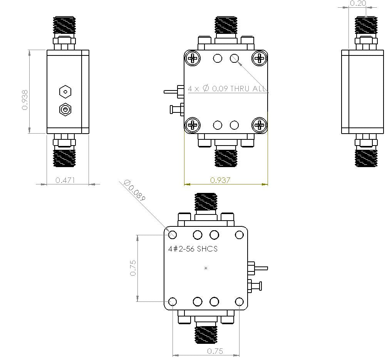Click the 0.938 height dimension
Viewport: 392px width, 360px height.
point(25,100)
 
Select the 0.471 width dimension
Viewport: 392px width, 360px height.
point(65,180)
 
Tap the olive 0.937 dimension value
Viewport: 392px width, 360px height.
point(220,180)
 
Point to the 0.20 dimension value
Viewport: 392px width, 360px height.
point(357,3)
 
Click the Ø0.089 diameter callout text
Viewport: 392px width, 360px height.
point(135,191)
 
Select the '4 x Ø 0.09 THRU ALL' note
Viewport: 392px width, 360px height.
point(228,89)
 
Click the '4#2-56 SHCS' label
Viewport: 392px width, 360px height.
point(193,249)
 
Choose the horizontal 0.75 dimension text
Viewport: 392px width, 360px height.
point(215,351)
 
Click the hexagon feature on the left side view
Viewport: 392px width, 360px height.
point(65,92)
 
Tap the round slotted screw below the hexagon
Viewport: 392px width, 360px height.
point(65,110)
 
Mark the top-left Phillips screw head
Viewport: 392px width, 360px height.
point(193,59)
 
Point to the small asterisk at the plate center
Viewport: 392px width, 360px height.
point(206,268)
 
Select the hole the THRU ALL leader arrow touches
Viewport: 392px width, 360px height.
point(235,59)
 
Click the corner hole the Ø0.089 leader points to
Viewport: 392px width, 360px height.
point(173,234)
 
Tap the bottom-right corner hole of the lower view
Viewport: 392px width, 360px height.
point(239,301)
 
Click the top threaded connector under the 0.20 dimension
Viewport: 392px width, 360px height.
point(365,25)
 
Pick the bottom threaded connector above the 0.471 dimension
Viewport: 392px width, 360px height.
point(64,158)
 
